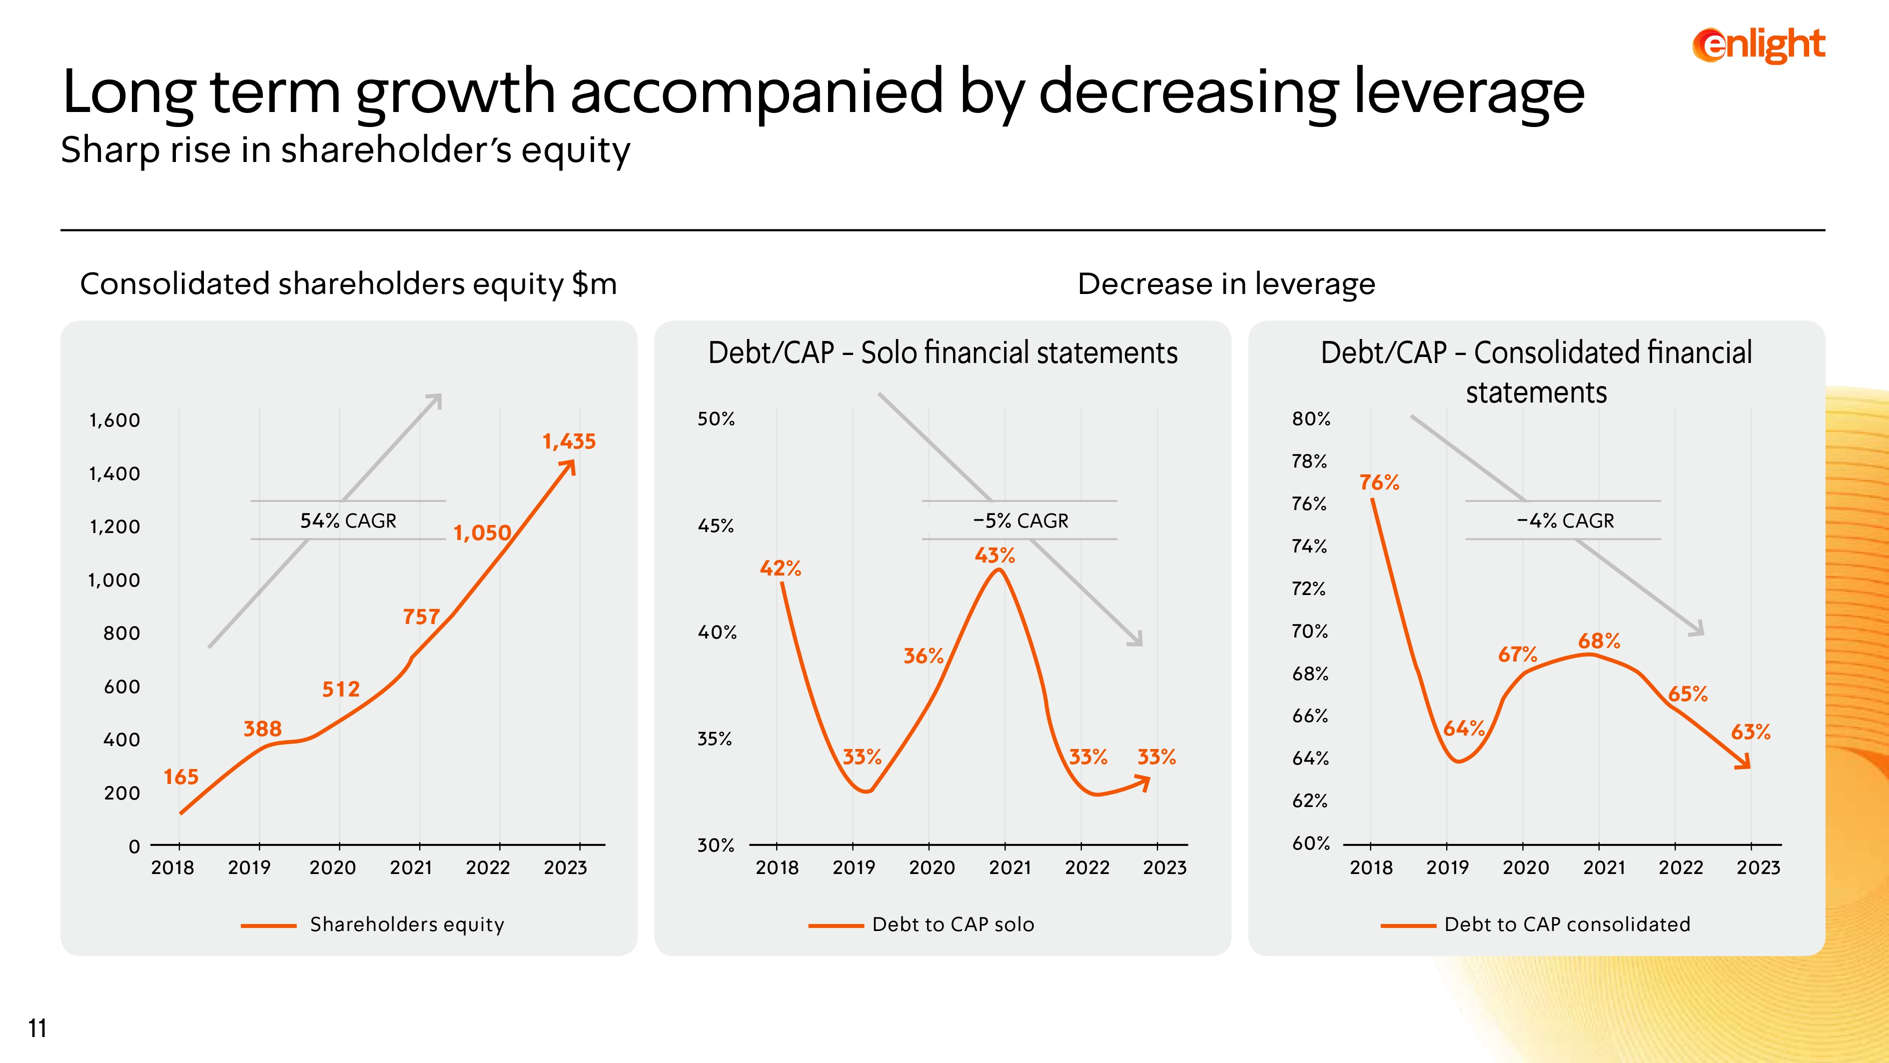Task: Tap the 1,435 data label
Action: pyautogui.click(x=569, y=441)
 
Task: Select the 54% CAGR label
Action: pyautogui.click(x=348, y=521)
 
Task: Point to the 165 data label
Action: pyautogui.click(x=180, y=777)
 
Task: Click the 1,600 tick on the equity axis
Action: pyautogui.click(x=114, y=420)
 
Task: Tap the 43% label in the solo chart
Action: pyautogui.click(x=994, y=555)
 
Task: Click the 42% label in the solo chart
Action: pyautogui.click(x=780, y=568)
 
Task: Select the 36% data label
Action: pyautogui.click(x=923, y=656)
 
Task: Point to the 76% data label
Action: pyautogui.click(x=1379, y=482)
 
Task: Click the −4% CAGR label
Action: pyautogui.click(x=1565, y=521)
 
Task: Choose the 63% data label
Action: pyautogui.click(x=1751, y=731)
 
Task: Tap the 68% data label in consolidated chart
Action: pyautogui.click(x=1599, y=641)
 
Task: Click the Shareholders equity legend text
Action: pyautogui.click(x=407, y=924)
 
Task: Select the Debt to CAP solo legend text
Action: pyautogui.click(x=952, y=924)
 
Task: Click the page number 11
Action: pyautogui.click(x=37, y=1028)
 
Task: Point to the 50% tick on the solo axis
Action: pyautogui.click(x=716, y=419)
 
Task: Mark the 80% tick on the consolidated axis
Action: pyautogui.click(x=1310, y=419)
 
